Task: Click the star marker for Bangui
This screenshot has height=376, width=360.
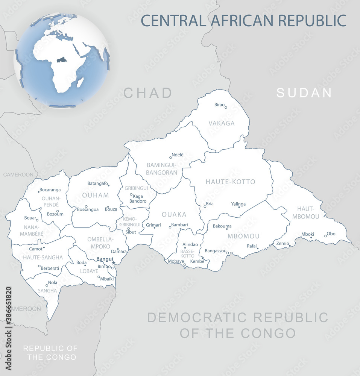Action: [x=113, y=263]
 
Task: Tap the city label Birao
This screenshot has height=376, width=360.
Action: [x=219, y=104]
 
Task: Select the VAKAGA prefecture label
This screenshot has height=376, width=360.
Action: [x=222, y=123]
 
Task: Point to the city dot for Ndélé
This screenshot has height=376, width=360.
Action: [x=170, y=158]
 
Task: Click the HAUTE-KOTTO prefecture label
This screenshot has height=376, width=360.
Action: [x=230, y=182]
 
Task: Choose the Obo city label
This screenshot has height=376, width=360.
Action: [x=331, y=233]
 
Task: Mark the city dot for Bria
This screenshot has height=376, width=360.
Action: [x=205, y=206]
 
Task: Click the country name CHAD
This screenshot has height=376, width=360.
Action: [x=147, y=92]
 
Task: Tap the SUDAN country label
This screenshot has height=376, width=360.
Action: [x=304, y=92]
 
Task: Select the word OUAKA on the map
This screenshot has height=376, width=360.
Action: [x=174, y=214]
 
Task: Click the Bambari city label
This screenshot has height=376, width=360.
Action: [x=179, y=225]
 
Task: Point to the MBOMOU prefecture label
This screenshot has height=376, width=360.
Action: [x=243, y=236]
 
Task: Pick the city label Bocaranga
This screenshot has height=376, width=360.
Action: [x=50, y=190]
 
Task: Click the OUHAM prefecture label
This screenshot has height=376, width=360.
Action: [x=96, y=195]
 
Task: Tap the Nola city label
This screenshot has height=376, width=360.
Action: [x=53, y=282]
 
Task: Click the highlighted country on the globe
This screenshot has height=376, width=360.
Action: [x=61, y=60]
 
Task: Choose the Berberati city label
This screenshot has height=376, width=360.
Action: [x=50, y=268]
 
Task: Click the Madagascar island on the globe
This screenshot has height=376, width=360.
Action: [x=80, y=82]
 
